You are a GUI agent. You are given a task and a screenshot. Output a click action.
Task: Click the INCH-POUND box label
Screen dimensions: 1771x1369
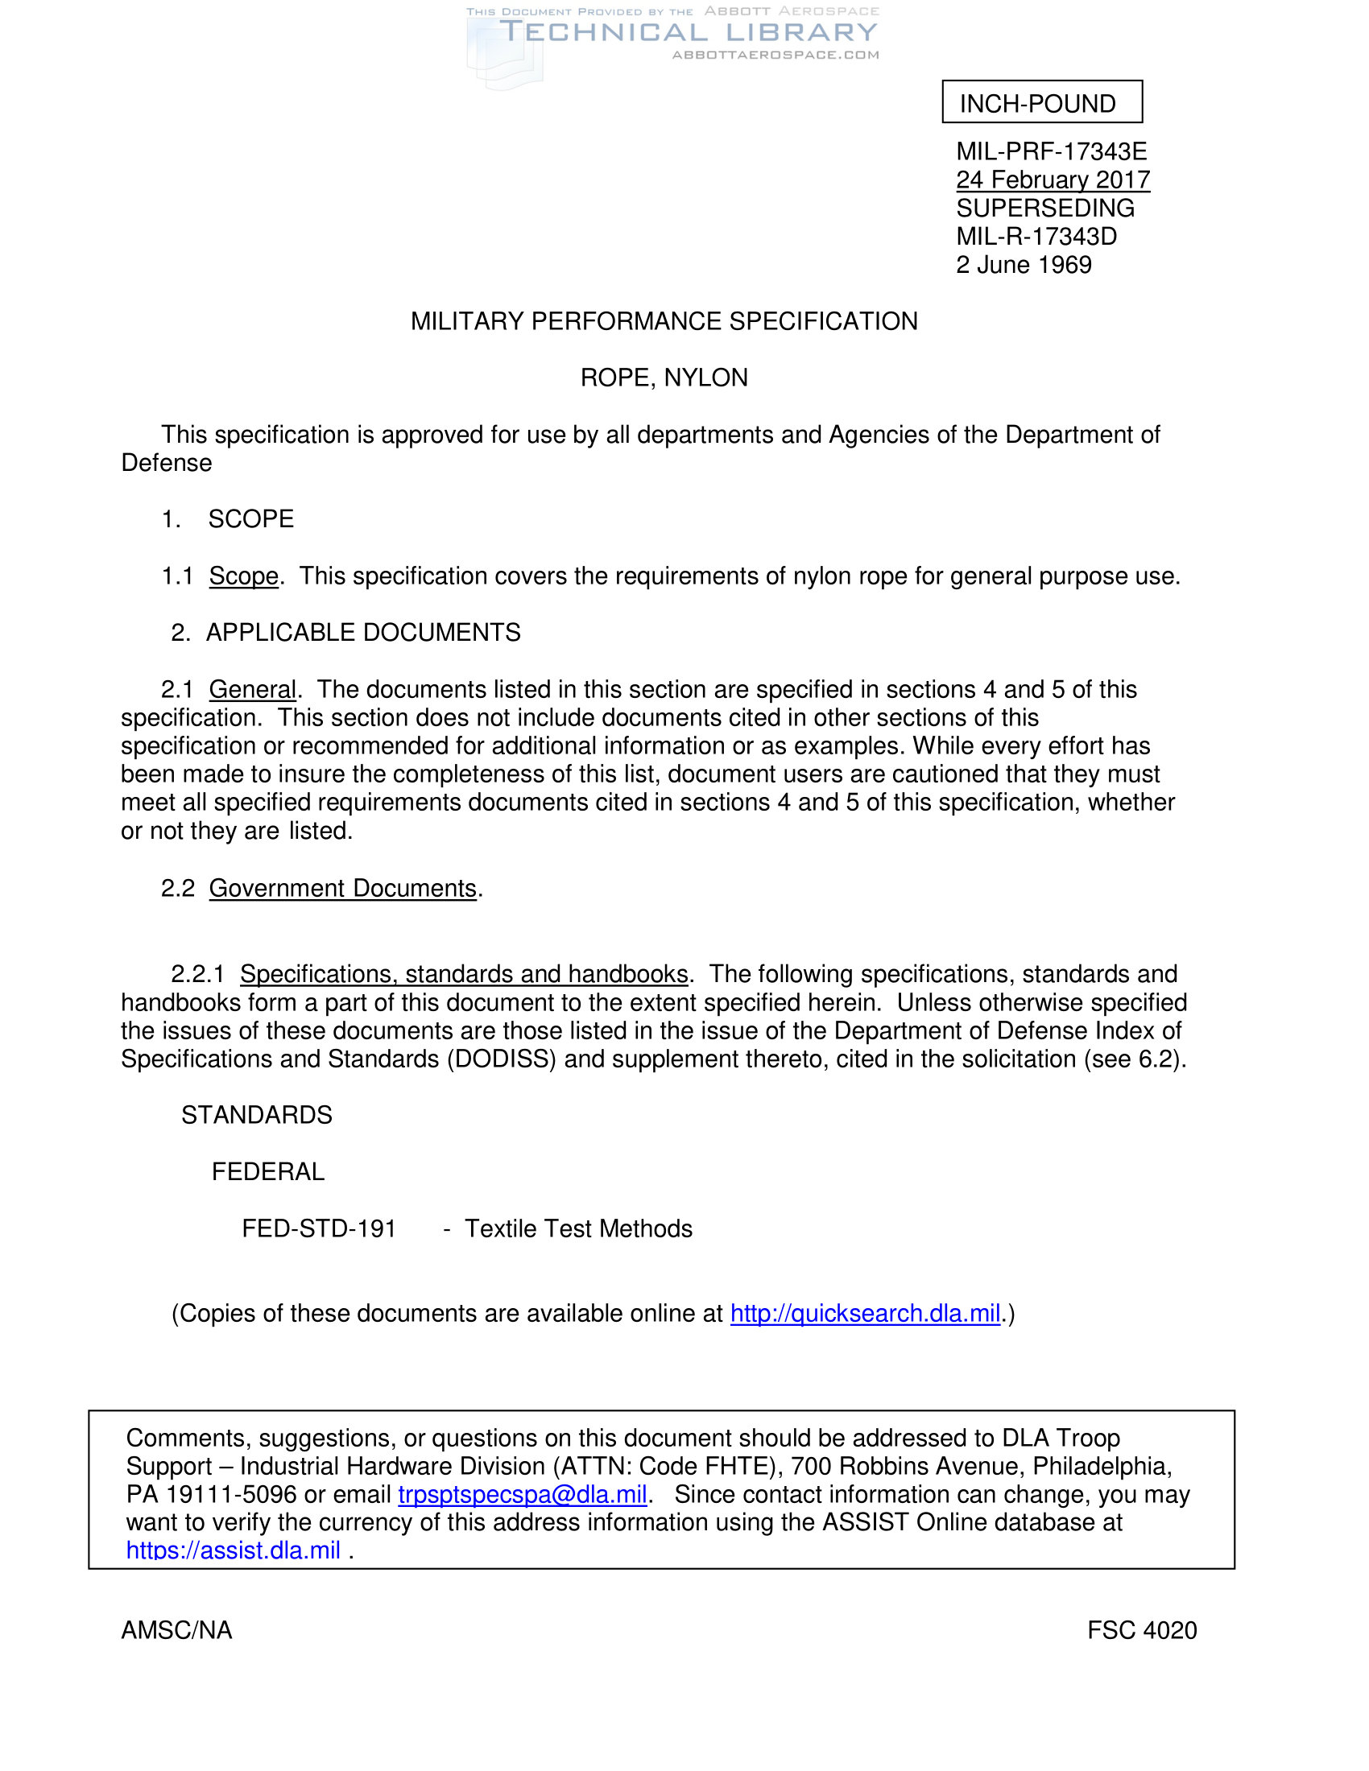pos(1037,104)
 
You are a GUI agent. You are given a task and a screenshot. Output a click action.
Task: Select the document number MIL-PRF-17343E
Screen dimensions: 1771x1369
pos(1051,151)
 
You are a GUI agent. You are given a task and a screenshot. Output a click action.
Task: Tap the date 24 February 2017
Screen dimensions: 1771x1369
pos(1052,180)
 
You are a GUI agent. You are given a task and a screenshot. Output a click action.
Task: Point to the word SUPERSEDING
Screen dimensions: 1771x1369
pos(1044,208)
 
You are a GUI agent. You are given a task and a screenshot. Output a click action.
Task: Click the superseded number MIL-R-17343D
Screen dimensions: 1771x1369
pos(1036,237)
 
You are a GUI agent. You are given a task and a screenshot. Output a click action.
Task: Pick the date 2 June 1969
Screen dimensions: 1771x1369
pos(1024,265)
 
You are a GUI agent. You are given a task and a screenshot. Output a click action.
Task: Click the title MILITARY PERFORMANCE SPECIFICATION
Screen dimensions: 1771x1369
pos(664,322)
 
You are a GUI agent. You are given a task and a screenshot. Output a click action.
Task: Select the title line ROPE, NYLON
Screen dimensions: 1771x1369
pos(664,378)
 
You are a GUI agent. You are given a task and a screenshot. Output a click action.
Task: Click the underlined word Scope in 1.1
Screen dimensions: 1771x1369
pos(243,576)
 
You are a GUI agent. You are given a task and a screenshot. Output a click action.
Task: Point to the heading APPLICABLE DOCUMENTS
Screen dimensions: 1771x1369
pos(362,633)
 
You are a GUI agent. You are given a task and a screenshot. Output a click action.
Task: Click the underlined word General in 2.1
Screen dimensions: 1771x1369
pos(252,689)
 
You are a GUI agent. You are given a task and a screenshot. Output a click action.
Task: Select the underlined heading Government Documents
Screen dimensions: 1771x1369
pos(342,889)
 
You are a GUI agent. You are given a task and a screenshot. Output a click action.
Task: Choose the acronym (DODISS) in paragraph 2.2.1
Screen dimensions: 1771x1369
pos(501,1059)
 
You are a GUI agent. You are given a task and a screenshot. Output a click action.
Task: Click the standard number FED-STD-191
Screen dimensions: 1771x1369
pos(319,1228)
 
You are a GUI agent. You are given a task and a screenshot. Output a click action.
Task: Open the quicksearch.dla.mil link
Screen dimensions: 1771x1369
pos(865,1314)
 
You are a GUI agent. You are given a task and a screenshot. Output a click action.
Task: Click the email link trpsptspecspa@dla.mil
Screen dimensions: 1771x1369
pos(523,1495)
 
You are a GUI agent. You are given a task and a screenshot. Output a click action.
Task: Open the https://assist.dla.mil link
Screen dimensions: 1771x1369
pos(233,1550)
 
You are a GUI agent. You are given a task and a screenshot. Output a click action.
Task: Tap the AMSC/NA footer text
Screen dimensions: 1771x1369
pos(177,1631)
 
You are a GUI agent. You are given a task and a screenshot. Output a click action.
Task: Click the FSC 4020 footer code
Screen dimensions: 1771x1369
pos(1141,1631)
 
